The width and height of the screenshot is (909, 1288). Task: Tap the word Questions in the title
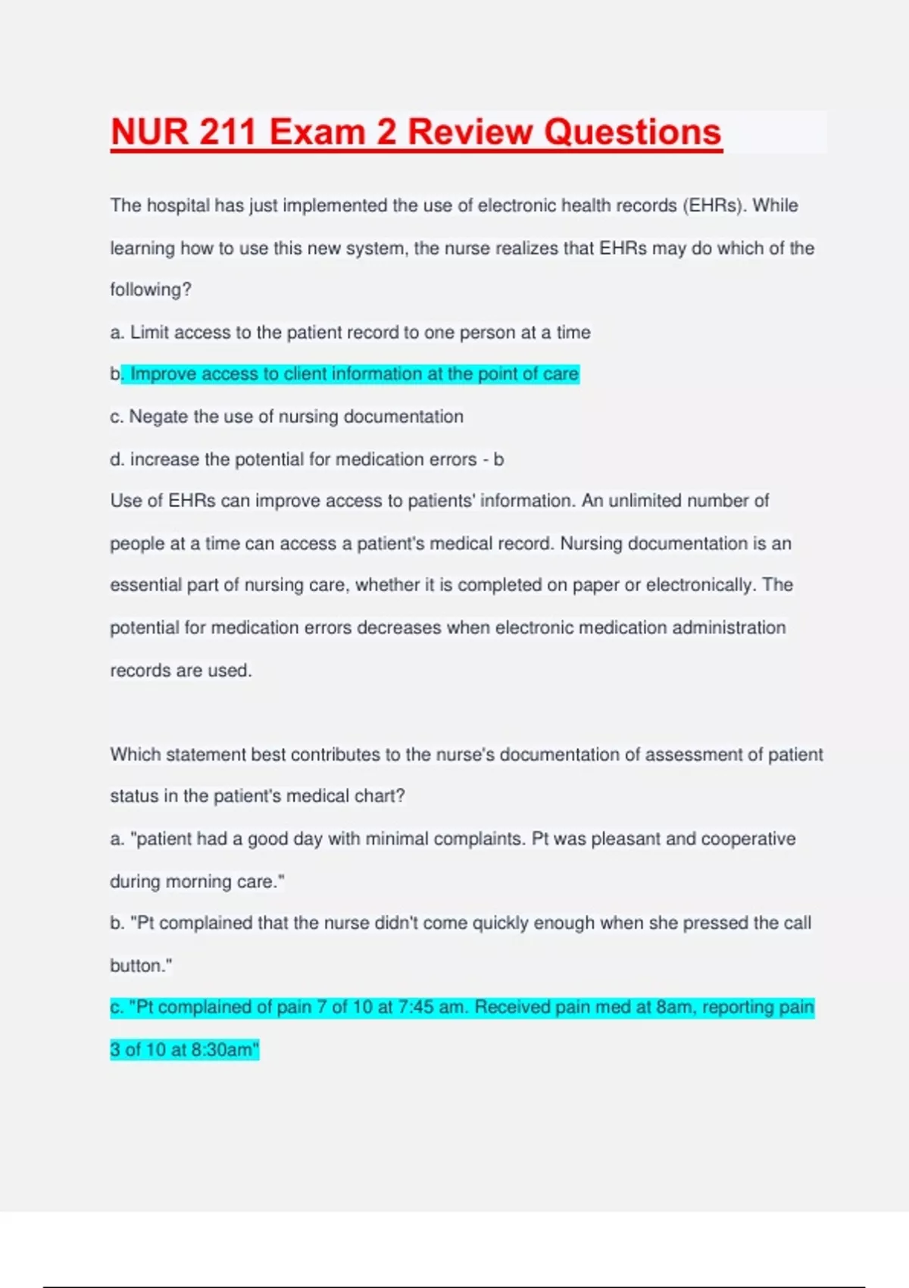[x=633, y=132]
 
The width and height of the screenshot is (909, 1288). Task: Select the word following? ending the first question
[x=151, y=289]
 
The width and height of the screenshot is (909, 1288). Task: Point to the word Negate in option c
[x=159, y=417]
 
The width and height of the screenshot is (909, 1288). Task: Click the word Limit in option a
[x=149, y=333]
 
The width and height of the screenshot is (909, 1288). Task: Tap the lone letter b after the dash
[x=498, y=459]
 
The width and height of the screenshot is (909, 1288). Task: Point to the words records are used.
[x=180, y=671]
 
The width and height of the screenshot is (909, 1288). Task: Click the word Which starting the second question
[x=135, y=755]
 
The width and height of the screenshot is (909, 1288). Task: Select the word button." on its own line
[x=141, y=965]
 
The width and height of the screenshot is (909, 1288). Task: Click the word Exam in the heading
[x=317, y=132]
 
